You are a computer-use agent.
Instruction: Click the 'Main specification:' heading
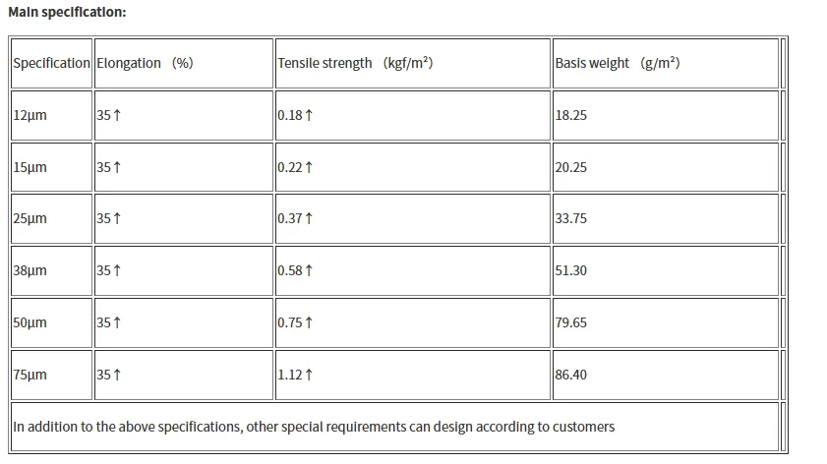pyautogui.click(x=67, y=12)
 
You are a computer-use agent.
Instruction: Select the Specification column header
pyautogui.click(x=52, y=63)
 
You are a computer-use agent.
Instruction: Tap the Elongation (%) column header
pyautogui.click(x=145, y=63)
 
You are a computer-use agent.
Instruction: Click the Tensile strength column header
pyautogui.click(x=355, y=63)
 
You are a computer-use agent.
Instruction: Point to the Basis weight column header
pyautogui.click(x=618, y=63)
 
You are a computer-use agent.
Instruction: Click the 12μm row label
pyautogui.click(x=30, y=115)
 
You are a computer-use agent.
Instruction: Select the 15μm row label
pyautogui.click(x=30, y=168)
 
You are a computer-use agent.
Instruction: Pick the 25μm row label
pyautogui.click(x=30, y=219)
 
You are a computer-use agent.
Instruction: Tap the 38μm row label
pyautogui.click(x=30, y=271)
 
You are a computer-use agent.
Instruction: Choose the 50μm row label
pyautogui.click(x=30, y=322)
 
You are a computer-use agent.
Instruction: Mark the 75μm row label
pyautogui.click(x=30, y=375)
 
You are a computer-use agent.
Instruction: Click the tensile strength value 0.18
pyautogui.click(x=290, y=115)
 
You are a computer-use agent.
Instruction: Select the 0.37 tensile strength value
pyautogui.click(x=290, y=218)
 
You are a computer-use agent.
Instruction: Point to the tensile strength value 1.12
pyautogui.click(x=290, y=375)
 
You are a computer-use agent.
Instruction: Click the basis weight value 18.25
pyautogui.click(x=570, y=115)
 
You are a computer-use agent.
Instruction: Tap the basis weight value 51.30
pyautogui.click(x=570, y=270)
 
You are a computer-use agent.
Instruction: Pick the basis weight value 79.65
pyautogui.click(x=570, y=322)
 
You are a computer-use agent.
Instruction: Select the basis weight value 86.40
pyautogui.click(x=570, y=375)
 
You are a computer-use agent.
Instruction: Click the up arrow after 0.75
pyautogui.click(x=309, y=322)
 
